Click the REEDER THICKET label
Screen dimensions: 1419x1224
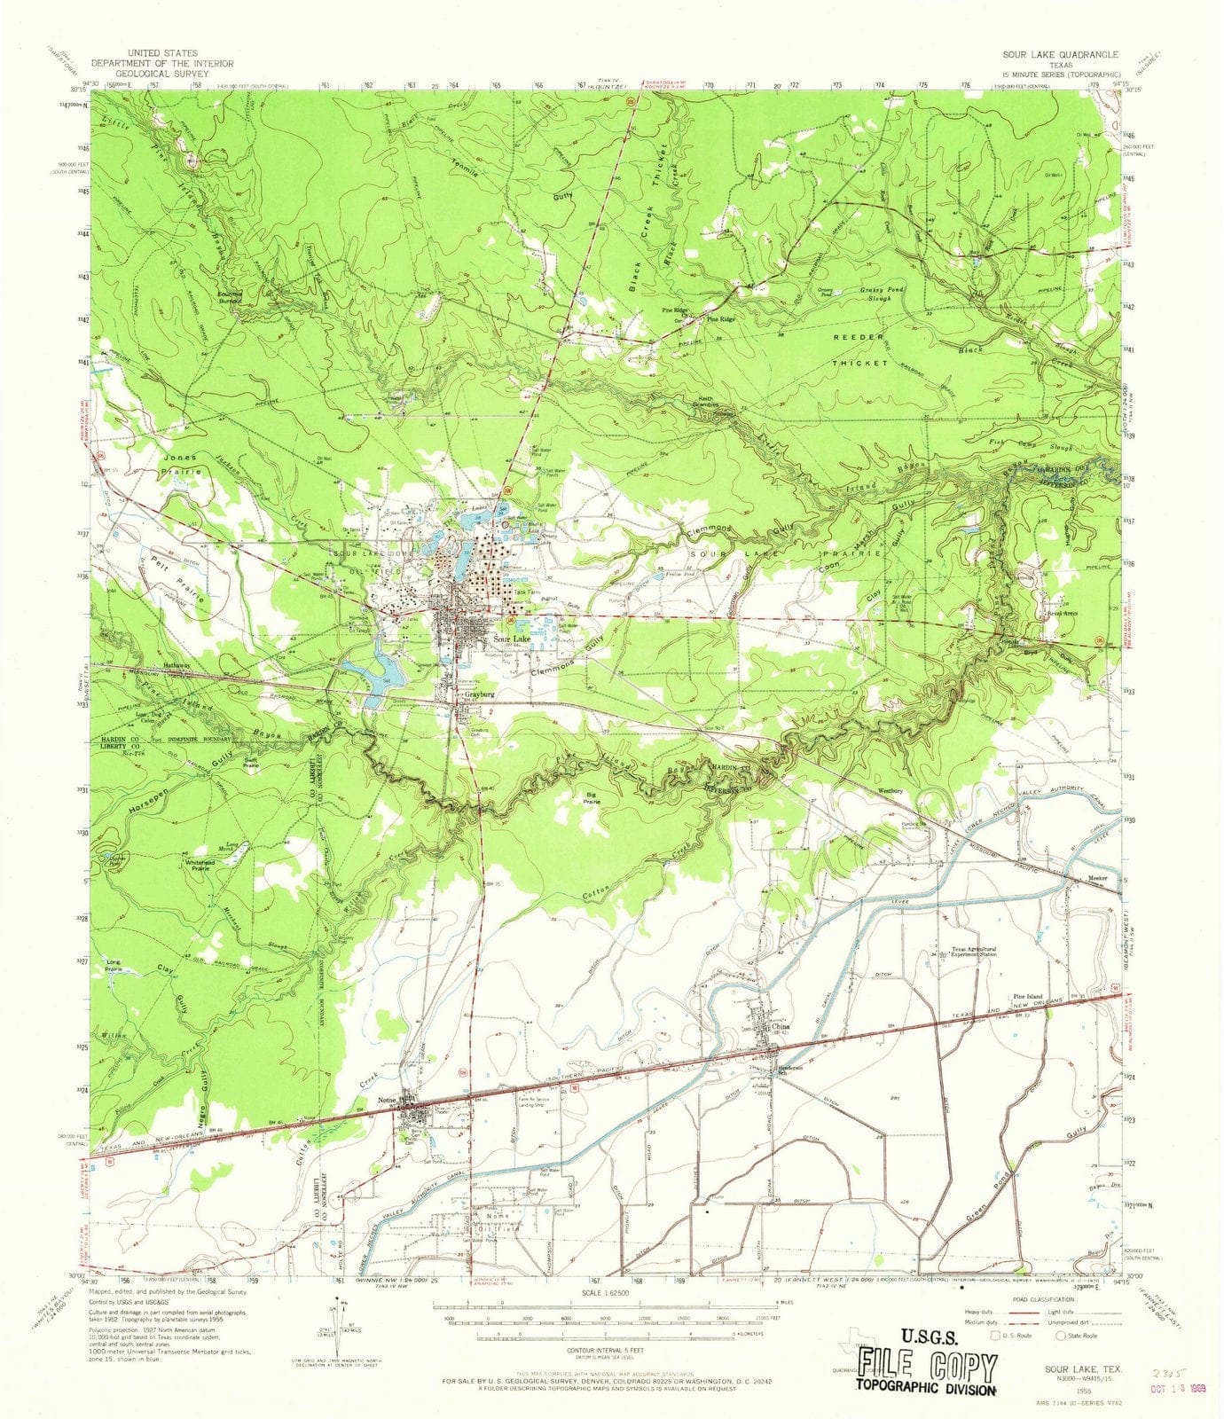click(859, 350)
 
